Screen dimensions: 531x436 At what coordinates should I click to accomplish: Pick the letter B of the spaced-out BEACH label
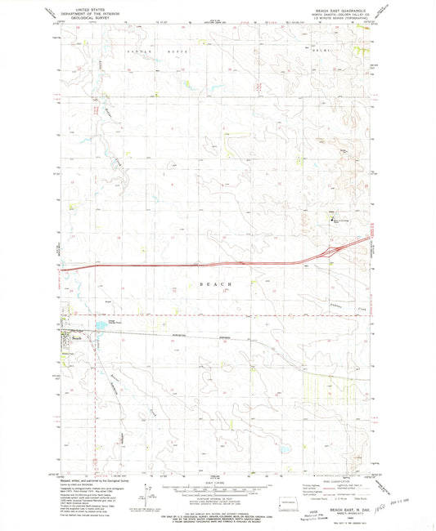pos(201,283)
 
